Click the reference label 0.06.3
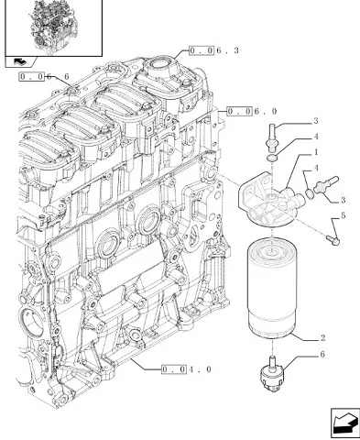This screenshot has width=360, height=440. tap(213, 50)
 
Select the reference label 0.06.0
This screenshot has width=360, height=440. tap(252, 112)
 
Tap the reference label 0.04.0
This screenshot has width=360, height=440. tap(186, 369)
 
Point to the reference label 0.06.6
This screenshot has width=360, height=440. tap(44, 76)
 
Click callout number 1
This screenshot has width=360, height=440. tap(316, 152)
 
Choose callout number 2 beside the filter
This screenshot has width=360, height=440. tap(322, 338)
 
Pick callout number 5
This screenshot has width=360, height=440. tap(343, 215)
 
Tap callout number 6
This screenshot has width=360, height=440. tap(322, 354)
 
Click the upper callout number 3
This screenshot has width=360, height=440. tap(316, 121)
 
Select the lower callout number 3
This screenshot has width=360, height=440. tap(343, 200)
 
